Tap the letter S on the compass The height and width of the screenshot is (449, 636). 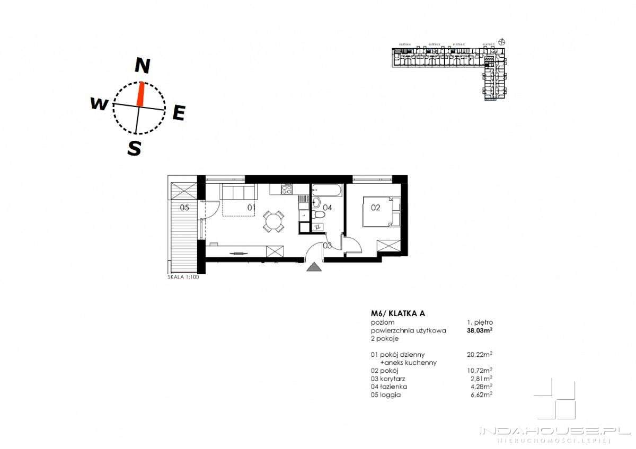[x=135, y=148]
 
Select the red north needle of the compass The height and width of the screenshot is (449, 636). [x=140, y=94]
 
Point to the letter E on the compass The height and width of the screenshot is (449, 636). [x=179, y=112]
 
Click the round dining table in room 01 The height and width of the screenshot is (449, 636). [x=273, y=221]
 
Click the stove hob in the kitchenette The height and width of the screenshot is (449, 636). [x=287, y=188]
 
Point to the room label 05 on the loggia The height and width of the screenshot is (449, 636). [x=184, y=208]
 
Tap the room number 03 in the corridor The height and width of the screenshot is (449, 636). [x=328, y=246]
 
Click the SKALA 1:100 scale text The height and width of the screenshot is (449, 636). [x=183, y=276]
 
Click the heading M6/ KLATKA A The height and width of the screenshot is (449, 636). [x=397, y=313]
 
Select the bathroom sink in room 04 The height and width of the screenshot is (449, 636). [x=317, y=202]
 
